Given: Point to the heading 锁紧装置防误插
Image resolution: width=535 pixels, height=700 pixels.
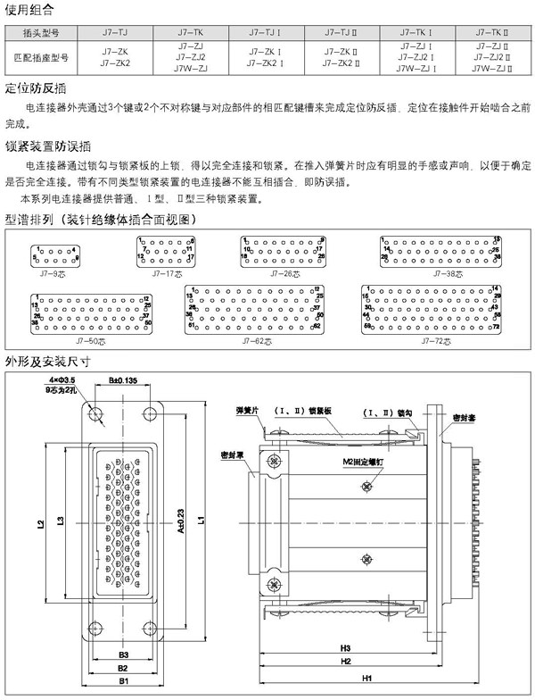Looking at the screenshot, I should (48, 146).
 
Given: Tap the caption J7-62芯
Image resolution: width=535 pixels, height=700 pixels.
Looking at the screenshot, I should (256, 341).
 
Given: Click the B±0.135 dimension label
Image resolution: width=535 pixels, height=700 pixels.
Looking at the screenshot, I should (122, 381).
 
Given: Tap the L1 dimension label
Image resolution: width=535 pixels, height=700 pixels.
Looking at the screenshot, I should (203, 518).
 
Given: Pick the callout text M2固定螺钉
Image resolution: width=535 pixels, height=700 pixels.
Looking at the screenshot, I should (362, 462).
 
